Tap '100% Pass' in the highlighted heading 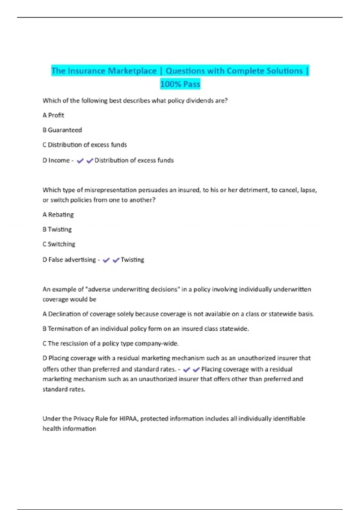[180, 84]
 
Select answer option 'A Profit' [53, 115]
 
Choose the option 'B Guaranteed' [62, 130]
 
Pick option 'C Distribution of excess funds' [85, 145]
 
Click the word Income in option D [59, 160]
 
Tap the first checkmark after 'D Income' [80, 161]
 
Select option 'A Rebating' [58, 214]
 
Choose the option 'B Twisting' [57, 229]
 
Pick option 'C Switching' [59, 244]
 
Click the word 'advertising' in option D [80, 259]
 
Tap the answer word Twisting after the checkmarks [132, 259]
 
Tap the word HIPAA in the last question [129, 418]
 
